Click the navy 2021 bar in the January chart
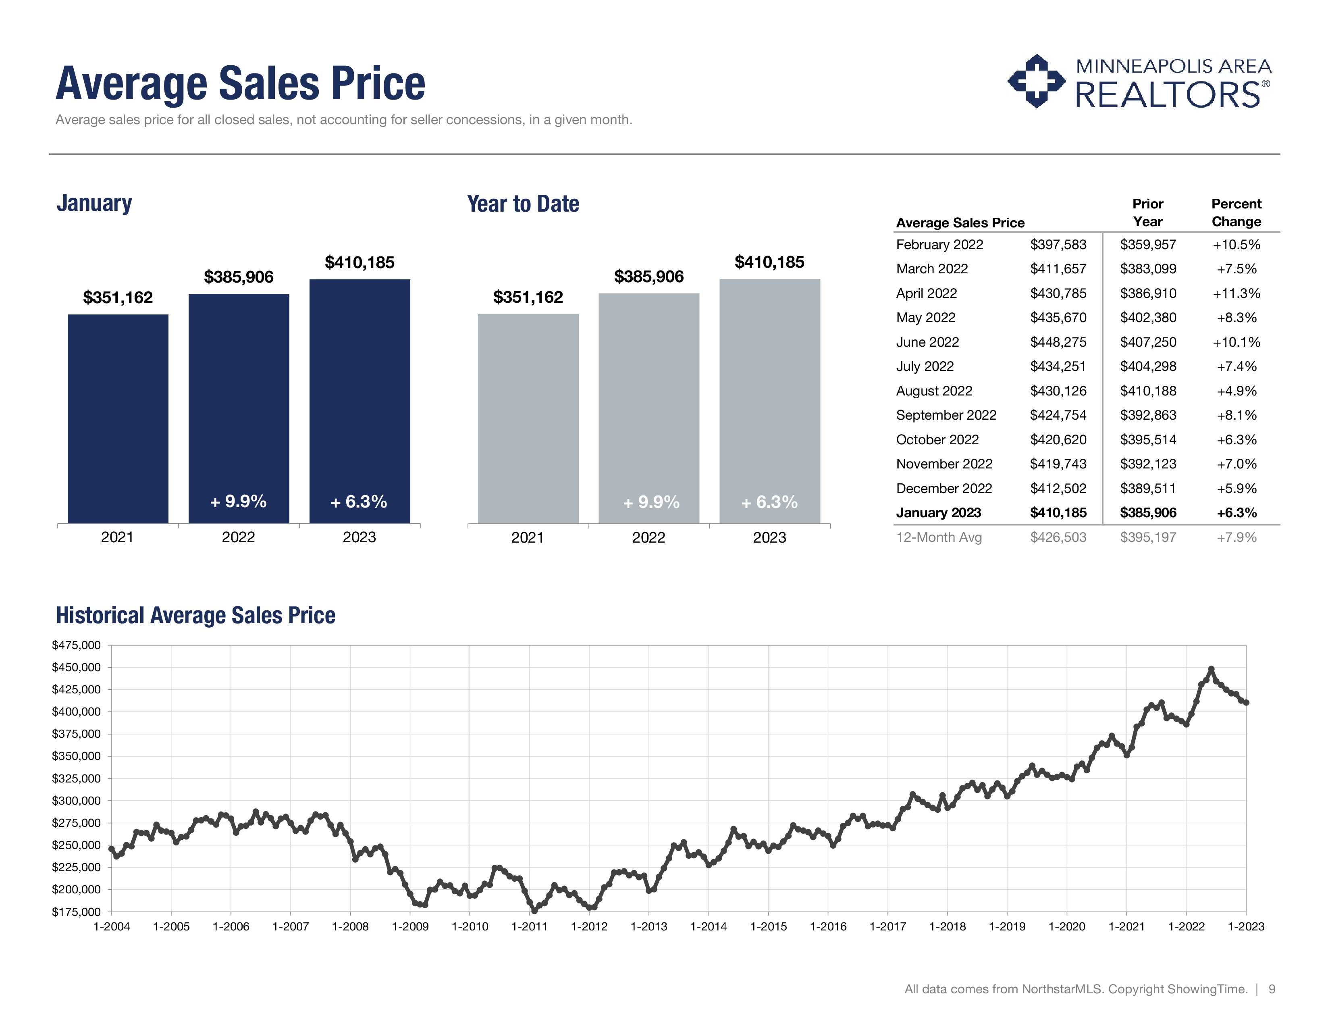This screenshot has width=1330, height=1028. (x=118, y=418)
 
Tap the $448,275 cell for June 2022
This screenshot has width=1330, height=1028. (x=1058, y=342)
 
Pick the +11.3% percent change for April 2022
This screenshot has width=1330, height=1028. (x=1236, y=293)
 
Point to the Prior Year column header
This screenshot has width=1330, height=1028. (x=1147, y=212)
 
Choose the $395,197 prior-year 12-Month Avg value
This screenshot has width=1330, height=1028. (x=1147, y=537)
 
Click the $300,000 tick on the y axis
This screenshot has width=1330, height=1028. (x=76, y=801)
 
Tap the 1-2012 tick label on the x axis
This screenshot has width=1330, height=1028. (x=589, y=926)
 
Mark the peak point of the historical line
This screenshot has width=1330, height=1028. (x=1211, y=669)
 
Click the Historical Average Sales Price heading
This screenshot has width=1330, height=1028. (x=195, y=615)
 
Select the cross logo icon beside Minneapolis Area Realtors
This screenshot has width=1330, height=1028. (x=1037, y=81)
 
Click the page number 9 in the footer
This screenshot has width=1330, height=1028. (x=1272, y=989)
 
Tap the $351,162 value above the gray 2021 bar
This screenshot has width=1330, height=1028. (x=528, y=297)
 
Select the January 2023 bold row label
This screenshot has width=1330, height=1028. (x=938, y=513)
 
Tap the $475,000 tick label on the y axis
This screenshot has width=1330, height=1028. (x=76, y=645)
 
